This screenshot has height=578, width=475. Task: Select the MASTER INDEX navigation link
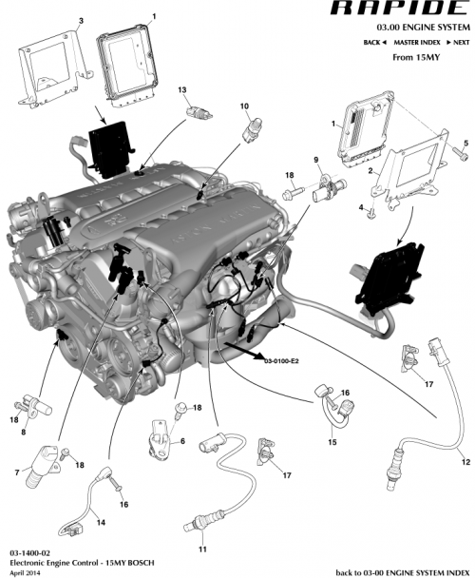click(x=417, y=43)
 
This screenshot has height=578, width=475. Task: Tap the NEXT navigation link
click(x=457, y=43)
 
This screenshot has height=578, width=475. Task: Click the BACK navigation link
click(x=374, y=43)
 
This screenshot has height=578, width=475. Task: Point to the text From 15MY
click(x=416, y=57)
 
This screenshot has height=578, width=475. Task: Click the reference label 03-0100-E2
click(x=281, y=361)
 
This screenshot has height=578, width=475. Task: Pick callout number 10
click(x=244, y=106)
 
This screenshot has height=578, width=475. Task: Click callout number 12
click(x=465, y=462)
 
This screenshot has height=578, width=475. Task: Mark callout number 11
click(x=201, y=549)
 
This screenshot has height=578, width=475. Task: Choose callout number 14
click(x=101, y=523)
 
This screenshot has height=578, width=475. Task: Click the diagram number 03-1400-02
click(x=29, y=551)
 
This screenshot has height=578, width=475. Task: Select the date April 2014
click(x=26, y=571)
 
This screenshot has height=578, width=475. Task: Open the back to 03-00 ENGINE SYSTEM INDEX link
click(x=403, y=572)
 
